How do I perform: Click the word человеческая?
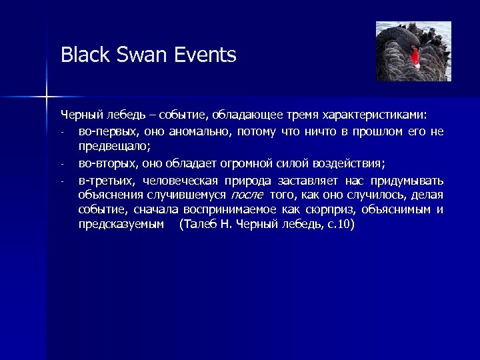pyautogui.click(x=177, y=181)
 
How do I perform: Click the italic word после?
pyautogui.click(x=247, y=195)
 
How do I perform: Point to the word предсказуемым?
pyautogui.click(x=121, y=225)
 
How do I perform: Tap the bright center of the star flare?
pyautogui.click(x=47, y=97)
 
